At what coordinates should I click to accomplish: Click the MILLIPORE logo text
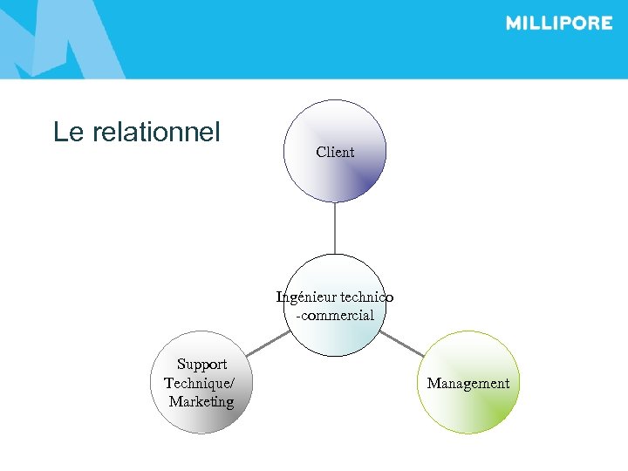point(559,24)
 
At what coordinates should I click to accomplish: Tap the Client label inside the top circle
point(335,153)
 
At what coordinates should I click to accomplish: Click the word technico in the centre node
point(366,297)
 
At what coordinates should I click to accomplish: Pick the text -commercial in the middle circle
point(335,316)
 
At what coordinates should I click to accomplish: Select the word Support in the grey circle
point(201,365)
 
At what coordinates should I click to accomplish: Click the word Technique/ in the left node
point(199,383)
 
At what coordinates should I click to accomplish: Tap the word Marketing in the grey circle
point(201,402)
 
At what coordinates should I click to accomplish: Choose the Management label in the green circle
point(468,384)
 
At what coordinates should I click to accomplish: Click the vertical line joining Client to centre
point(335,229)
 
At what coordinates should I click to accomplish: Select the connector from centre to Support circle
point(268,343)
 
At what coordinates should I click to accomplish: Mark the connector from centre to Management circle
point(401,343)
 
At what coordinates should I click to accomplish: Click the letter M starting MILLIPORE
point(515,24)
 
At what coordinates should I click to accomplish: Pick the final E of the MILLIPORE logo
point(605,24)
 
